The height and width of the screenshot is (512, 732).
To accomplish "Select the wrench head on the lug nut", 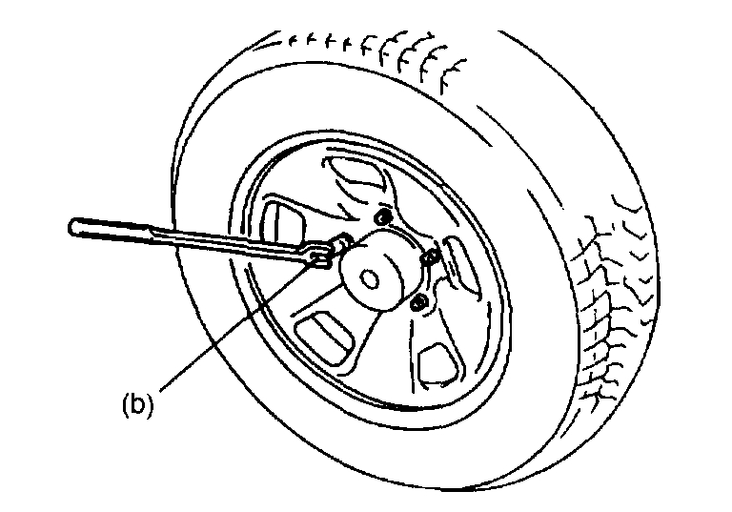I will (321, 253).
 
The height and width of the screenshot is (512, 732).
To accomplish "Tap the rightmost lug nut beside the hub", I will (431, 256).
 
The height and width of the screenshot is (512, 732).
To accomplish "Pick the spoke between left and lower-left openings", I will (286, 286).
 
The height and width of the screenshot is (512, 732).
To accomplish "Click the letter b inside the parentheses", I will (137, 403).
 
